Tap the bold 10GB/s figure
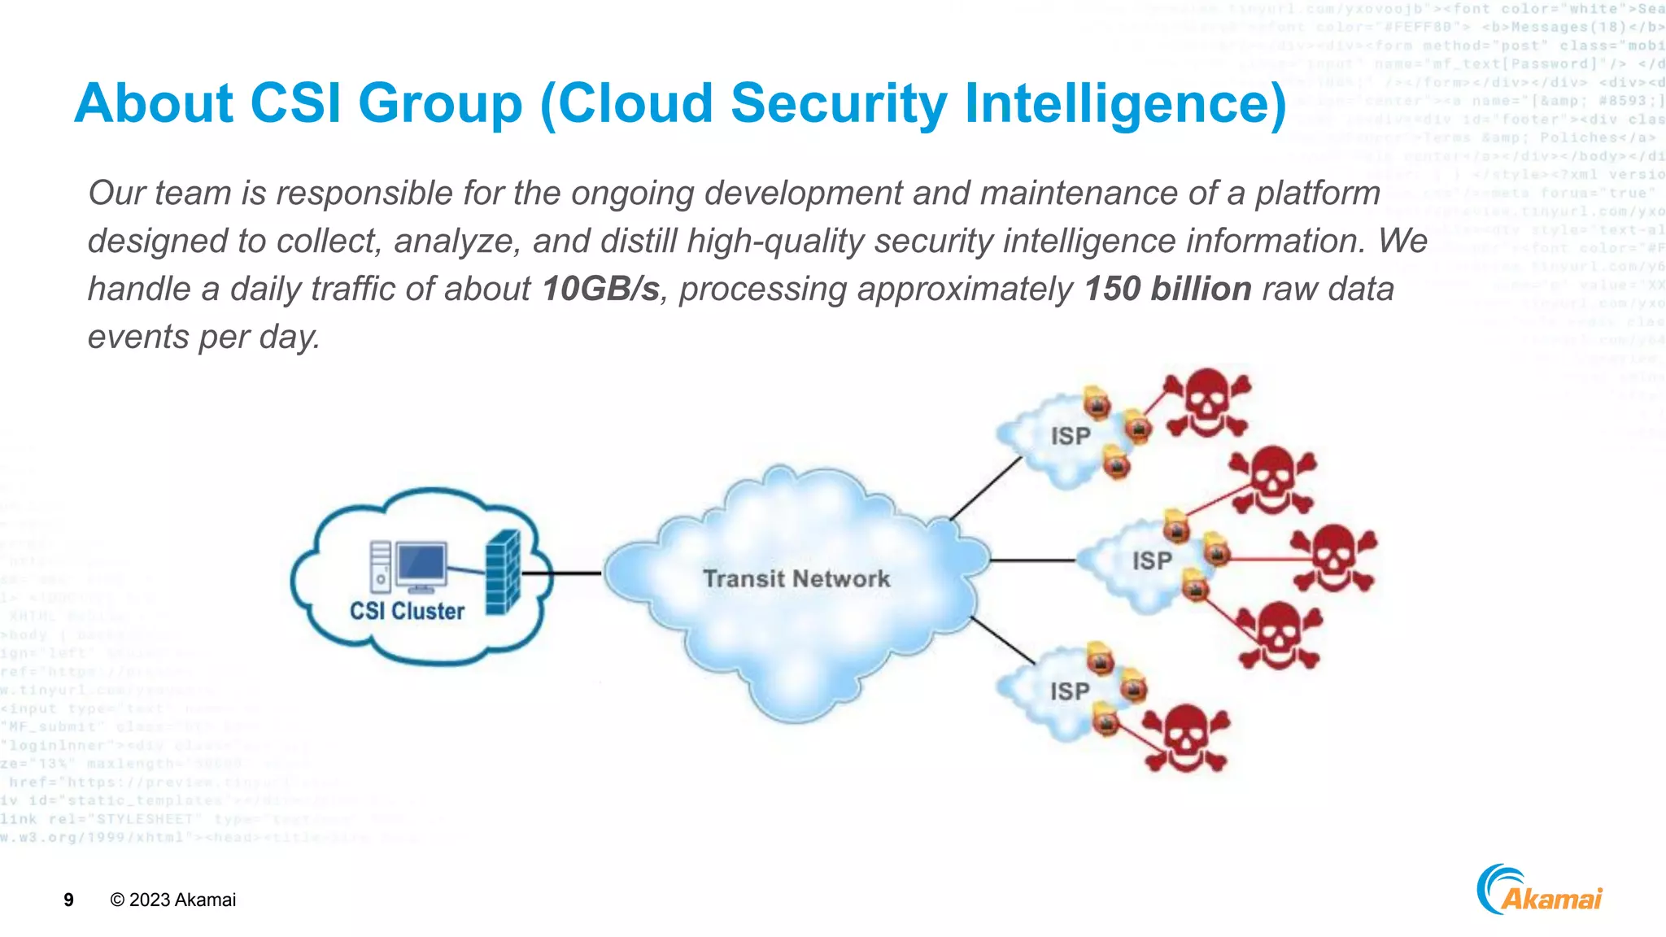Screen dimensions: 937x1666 tap(600, 290)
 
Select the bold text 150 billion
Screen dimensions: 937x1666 tap(1167, 290)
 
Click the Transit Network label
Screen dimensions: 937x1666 tap(796, 579)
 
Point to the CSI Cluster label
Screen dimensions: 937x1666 tap(407, 611)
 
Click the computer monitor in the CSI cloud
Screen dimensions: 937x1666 tap(421, 564)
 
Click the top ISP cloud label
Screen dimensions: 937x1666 tap(1070, 436)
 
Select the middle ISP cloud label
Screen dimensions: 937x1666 tap(1152, 560)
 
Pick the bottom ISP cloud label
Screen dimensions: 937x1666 tap(1069, 691)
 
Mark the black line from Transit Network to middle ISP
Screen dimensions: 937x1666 tap(1031, 560)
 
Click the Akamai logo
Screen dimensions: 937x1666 tap(1539, 891)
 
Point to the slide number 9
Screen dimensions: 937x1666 tap(68, 900)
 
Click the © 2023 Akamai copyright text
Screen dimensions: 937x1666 tap(173, 900)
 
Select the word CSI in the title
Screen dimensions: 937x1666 tap(295, 104)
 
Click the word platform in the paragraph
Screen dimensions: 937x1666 tap(1317, 194)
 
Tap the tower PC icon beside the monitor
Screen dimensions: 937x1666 tap(380, 566)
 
